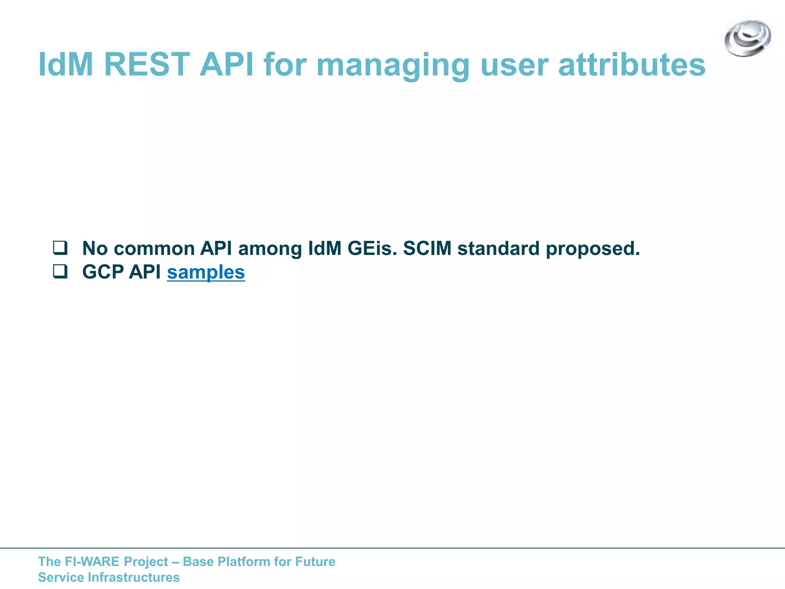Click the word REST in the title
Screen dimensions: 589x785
pos(147,64)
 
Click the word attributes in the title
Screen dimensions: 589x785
pos(632,64)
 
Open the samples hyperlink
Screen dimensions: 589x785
pos(206,272)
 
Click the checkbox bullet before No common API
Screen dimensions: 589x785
pos(60,248)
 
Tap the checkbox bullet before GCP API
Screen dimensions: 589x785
pos(60,272)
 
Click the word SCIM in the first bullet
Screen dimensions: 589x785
pos(427,248)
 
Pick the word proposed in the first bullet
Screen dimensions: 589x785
pos(593,249)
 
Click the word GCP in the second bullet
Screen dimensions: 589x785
pos(103,272)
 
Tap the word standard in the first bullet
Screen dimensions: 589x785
pos(498,248)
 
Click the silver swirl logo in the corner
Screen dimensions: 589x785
pos(747,38)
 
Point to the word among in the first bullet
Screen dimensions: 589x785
pos(270,249)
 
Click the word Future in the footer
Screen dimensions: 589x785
pos(315,561)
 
